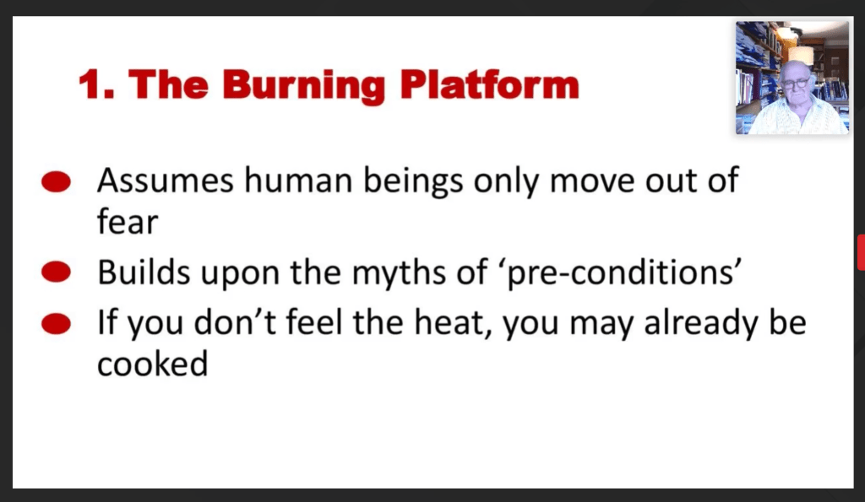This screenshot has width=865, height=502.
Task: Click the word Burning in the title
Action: click(x=303, y=86)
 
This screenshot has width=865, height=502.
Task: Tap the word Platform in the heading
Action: click(x=489, y=84)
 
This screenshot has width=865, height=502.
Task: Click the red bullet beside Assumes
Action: click(x=57, y=182)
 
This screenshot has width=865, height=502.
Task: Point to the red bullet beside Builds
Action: click(x=57, y=273)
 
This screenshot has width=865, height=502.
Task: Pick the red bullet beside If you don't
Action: click(x=57, y=323)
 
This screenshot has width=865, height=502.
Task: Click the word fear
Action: click(x=128, y=221)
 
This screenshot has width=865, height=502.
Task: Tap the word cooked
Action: click(x=153, y=364)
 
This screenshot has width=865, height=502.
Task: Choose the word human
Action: click(x=298, y=181)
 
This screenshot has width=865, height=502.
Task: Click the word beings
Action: click(x=412, y=181)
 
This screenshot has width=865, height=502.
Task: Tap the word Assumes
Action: click(x=165, y=181)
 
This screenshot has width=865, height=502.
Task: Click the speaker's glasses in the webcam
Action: click(x=795, y=84)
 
